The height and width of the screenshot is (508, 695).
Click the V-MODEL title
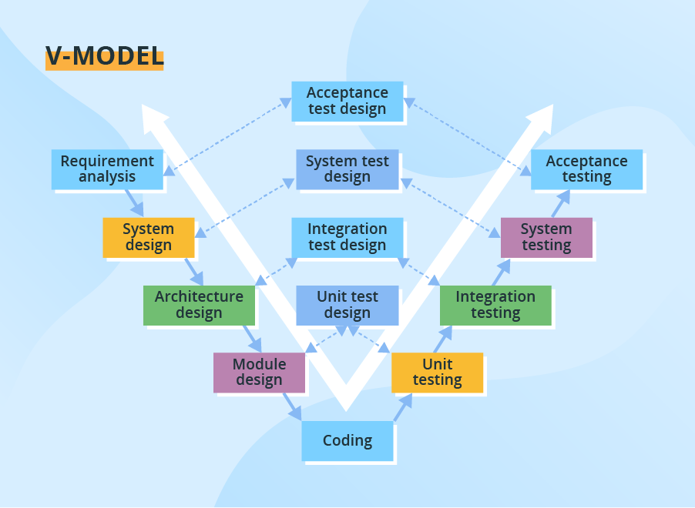(105, 56)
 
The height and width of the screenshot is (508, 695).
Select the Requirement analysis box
(107, 169)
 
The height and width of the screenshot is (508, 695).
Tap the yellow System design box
(148, 237)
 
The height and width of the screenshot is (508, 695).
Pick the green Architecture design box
(199, 305)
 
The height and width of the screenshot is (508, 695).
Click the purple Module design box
(259, 372)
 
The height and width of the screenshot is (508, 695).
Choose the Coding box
(347, 441)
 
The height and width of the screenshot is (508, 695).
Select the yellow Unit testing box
(437, 372)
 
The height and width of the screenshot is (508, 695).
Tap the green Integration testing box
(495, 305)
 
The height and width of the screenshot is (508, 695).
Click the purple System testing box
(546, 237)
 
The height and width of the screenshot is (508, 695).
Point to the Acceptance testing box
(586, 169)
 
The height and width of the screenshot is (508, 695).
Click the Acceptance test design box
(347, 101)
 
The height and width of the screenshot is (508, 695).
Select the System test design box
(347, 169)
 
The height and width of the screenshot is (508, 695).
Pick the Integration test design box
(347, 237)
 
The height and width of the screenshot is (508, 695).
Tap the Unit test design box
(347, 305)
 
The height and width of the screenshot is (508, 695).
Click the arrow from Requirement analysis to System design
(135, 203)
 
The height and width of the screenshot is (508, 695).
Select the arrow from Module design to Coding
(291, 406)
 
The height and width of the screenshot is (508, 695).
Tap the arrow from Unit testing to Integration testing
(444, 339)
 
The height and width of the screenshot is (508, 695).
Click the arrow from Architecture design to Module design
(252, 338)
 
